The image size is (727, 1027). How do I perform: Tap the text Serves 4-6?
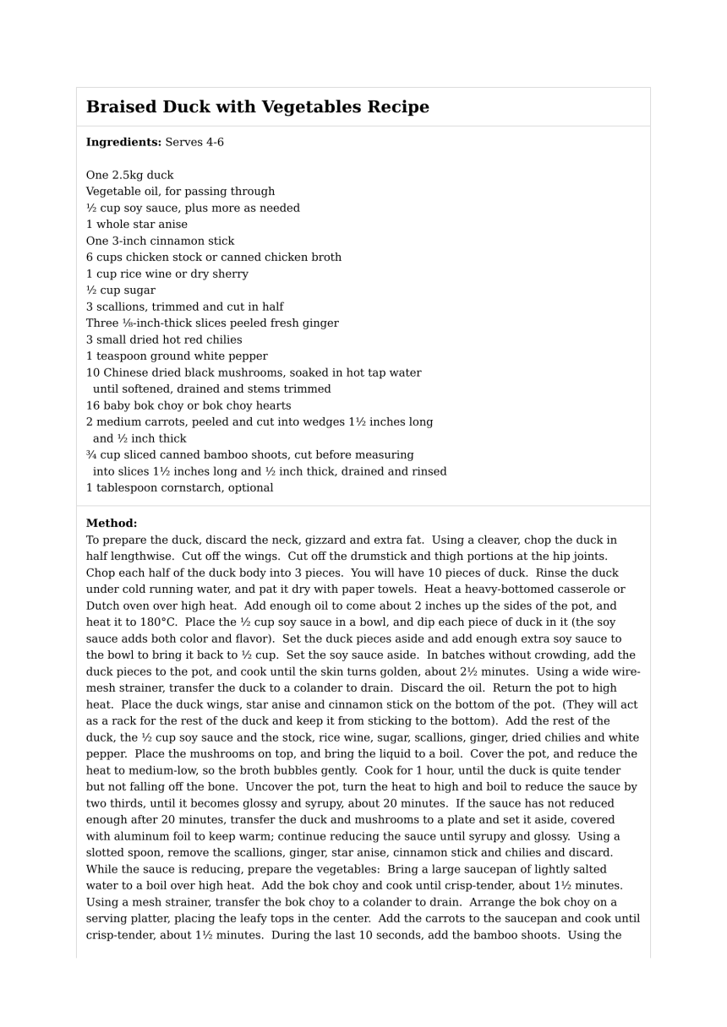(194, 143)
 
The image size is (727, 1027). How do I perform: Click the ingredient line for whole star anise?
(137, 225)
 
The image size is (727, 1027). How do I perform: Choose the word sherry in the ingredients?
(231, 274)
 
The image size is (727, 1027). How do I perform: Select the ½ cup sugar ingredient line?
(120, 291)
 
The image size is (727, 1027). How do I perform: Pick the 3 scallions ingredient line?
(184, 307)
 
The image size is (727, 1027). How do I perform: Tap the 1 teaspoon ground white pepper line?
(177, 356)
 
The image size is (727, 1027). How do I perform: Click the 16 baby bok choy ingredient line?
(188, 406)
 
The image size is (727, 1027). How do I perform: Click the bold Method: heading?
(111, 524)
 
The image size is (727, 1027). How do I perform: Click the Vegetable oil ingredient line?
(180, 192)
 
